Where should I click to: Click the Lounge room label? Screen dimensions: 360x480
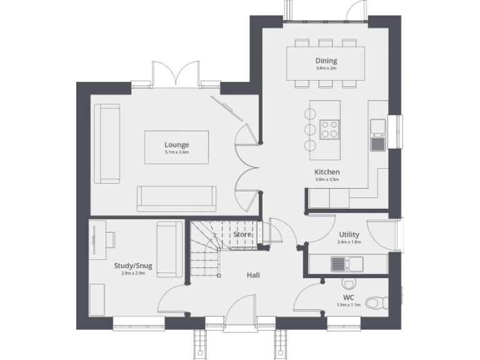pos(176,145)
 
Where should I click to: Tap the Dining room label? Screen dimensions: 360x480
pos(326,61)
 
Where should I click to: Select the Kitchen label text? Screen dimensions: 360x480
pos(326,172)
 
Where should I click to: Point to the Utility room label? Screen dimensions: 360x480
pos(349,234)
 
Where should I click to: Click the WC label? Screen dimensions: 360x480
pos(348,297)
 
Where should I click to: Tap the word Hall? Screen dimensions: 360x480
pos(253,275)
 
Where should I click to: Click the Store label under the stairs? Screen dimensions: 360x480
pos(242,234)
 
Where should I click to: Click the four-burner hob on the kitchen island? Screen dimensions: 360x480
pos(329,129)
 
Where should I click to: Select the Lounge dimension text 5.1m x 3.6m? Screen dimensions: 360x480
pos(176,152)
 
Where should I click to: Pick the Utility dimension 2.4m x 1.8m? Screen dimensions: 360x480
pos(349,242)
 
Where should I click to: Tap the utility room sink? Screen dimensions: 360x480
pos(338,264)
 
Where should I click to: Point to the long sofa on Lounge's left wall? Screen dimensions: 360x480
pos(107,144)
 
